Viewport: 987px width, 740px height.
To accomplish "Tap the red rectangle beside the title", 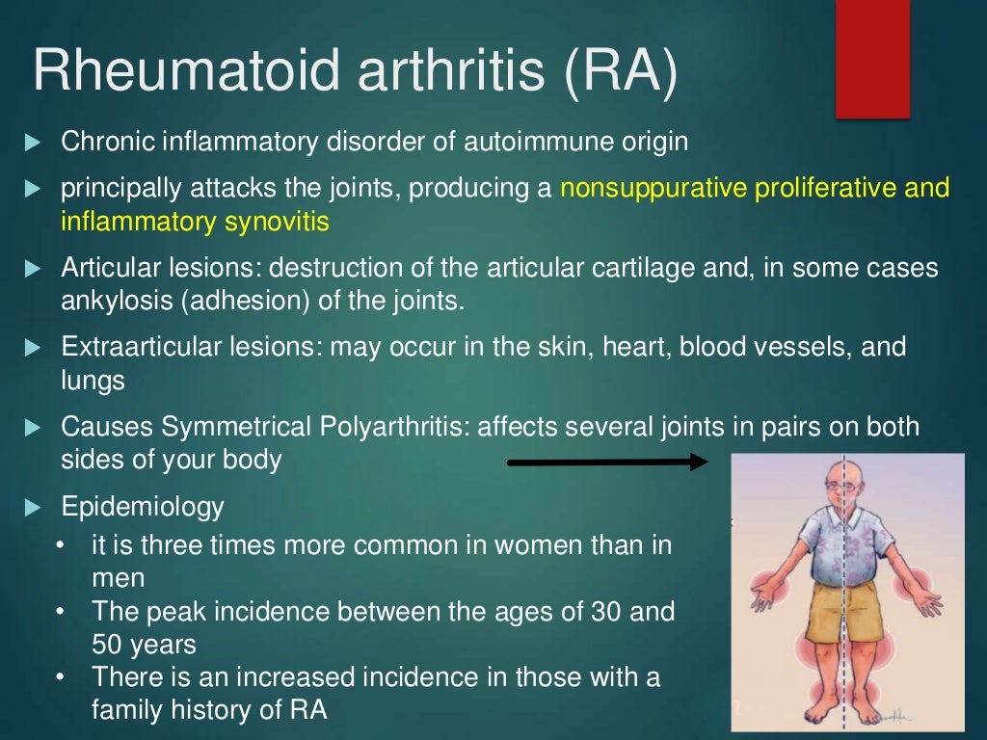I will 872,60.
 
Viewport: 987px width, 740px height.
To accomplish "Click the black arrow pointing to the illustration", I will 607,462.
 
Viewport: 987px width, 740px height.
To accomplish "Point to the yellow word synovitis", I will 279,222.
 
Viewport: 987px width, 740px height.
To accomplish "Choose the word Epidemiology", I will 142,506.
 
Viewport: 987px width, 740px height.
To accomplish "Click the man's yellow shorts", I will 839,613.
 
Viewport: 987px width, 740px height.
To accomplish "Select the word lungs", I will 93,381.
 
